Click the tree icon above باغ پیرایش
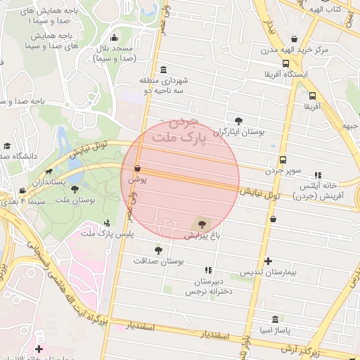pos(203,224)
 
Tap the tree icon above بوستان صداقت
pos(158,249)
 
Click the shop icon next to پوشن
pos(137,169)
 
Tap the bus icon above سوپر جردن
pos(283,160)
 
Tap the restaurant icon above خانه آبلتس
pos(318,174)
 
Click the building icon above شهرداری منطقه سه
pos(164,70)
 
